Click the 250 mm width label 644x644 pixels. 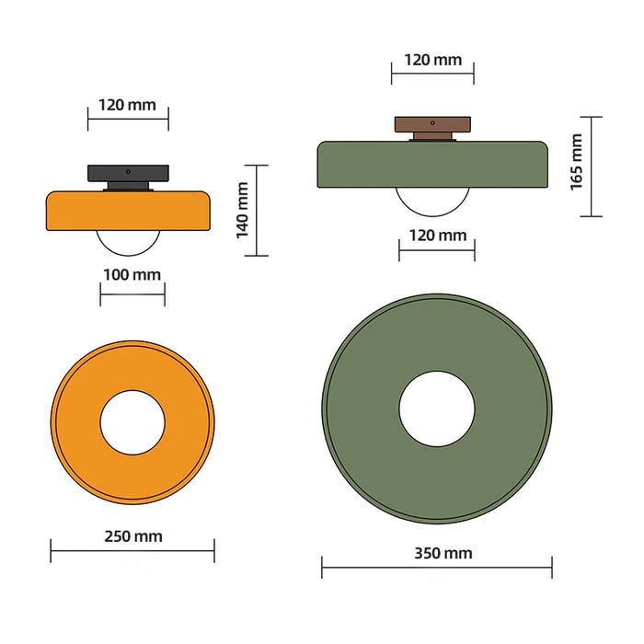click(x=132, y=536)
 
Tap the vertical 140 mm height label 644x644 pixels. click(x=243, y=210)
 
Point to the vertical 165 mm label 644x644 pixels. click(x=577, y=162)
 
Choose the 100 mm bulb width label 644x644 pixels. click(x=132, y=274)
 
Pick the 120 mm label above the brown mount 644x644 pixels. click(x=432, y=60)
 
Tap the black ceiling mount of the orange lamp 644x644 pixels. click(x=129, y=172)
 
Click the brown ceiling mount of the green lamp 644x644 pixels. click(x=432, y=123)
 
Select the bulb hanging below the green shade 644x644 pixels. click(x=432, y=200)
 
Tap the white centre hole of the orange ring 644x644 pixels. click(x=132, y=422)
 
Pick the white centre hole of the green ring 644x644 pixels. click(x=437, y=409)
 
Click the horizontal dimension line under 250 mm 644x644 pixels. click(x=132, y=552)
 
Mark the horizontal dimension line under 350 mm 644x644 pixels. click(x=437, y=569)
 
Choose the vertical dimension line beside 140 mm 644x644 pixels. click(x=257, y=210)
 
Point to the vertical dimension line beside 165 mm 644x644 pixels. click(x=592, y=167)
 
